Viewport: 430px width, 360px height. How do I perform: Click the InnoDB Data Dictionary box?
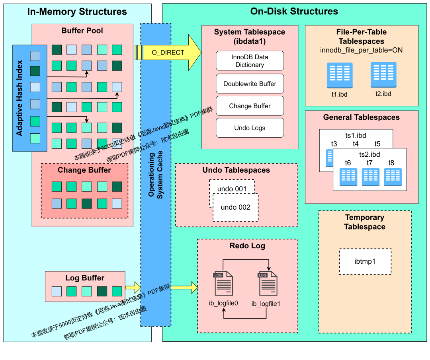(x=250, y=61)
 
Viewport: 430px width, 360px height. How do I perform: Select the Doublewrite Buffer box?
(x=250, y=84)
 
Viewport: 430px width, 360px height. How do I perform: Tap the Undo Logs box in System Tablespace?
(x=250, y=128)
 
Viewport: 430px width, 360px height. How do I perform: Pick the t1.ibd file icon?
(x=339, y=75)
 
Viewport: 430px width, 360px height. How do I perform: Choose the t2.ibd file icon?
(x=383, y=74)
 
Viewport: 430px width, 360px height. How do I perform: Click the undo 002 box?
(x=236, y=207)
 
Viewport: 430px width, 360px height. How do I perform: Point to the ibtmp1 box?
(x=365, y=261)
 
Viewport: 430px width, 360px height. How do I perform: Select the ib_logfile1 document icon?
(x=268, y=284)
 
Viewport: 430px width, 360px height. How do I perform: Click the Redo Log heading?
(x=247, y=246)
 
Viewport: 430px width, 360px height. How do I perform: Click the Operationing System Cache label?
(x=156, y=174)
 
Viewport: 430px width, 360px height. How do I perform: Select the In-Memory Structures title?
(x=77, y=12)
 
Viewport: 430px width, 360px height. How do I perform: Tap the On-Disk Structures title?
(x=294, y=12)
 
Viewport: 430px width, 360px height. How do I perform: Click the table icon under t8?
(x=393, y=177)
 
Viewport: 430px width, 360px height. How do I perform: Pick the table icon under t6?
(x=348, y=177)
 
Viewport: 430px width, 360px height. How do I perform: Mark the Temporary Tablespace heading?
(x=365, y=222)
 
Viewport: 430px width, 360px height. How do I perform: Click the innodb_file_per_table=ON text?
(x=361, y=50)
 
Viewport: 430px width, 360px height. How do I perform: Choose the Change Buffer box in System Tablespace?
(x=250, y=106)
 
